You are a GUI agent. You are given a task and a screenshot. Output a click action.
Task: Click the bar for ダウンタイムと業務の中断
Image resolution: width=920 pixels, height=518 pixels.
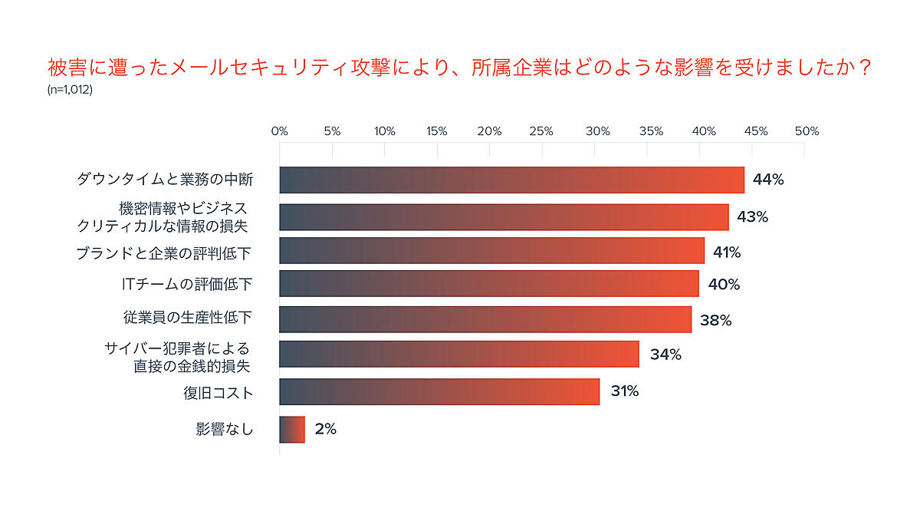(511, 180)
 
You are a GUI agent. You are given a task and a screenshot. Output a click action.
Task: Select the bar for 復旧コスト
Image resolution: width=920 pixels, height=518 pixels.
(439, 391)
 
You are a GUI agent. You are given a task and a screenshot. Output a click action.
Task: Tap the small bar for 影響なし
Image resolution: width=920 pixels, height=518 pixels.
(292, 429)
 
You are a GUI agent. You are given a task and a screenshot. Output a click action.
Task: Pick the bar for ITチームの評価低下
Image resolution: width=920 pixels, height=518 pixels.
(489, 284)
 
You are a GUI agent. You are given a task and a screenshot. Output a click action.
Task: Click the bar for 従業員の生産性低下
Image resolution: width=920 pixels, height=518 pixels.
(485, 319)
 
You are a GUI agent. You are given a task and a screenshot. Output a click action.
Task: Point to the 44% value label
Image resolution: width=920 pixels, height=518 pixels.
(768, 180)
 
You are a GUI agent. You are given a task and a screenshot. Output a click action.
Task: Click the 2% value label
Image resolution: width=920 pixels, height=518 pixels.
(326, 429)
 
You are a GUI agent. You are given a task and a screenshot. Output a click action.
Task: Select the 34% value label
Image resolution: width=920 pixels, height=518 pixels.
(665, 355)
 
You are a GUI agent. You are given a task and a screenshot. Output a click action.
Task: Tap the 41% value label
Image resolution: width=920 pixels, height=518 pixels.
(727, 252)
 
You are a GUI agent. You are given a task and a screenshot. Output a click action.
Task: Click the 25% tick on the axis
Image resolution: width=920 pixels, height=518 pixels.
(542, 131)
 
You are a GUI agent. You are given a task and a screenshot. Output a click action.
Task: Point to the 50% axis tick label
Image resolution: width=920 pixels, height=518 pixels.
(807, 131)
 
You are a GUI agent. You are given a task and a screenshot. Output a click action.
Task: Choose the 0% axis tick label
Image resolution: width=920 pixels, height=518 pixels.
(280, 131)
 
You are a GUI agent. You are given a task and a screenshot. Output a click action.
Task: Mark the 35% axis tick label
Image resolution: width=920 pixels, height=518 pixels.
(650, 131)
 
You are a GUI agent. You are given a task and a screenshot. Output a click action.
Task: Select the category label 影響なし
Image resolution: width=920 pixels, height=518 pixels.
(224, 429)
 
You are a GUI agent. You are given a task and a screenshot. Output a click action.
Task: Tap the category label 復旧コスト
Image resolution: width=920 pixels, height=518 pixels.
(218, 393)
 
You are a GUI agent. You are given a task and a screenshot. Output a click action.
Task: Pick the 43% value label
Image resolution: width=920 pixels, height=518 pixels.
(752, 216)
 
